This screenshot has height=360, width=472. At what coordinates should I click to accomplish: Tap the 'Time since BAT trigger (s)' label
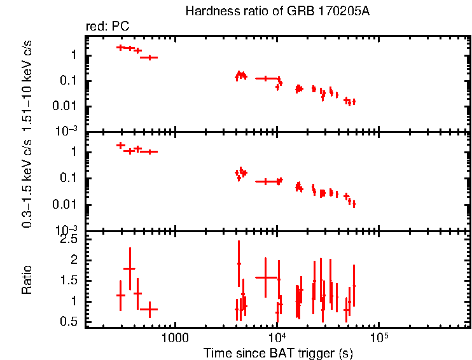tap(278, 352)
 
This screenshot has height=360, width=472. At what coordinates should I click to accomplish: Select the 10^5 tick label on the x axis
tap(379, 336)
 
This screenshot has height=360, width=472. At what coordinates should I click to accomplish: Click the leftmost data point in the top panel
tap(120, 48)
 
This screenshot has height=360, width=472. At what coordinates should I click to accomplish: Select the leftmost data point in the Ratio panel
tap(120, 296)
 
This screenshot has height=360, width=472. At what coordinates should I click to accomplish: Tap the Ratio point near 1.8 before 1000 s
tap(130, 269)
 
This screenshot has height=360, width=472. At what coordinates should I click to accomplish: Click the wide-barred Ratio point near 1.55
tap(265, 278)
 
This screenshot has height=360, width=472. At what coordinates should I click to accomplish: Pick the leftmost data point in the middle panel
tap(120, 146)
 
